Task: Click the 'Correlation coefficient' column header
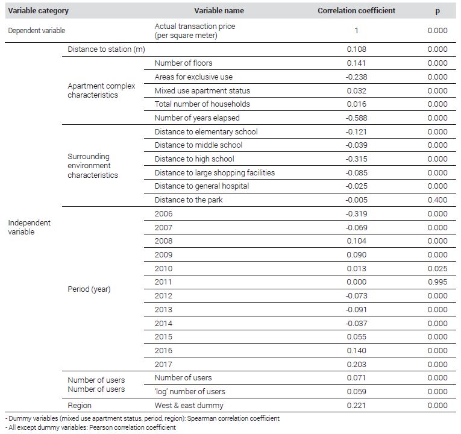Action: point(356,11)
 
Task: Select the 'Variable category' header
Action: point(38,11)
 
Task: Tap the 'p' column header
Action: point(437,11)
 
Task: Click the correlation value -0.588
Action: point(356,118)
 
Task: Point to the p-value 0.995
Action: point(437,282)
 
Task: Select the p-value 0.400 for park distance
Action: point(437,200)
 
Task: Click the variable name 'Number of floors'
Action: point(183,63)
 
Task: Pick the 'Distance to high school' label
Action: point(194,159)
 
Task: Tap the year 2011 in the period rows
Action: point(163,282)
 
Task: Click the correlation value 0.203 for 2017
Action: point(356,365)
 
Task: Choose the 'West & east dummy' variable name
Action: point(189,406)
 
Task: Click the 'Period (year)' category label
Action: point(89,289)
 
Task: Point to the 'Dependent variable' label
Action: point(37,31)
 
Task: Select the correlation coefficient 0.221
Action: point(356,406)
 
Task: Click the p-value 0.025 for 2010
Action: point(437,268)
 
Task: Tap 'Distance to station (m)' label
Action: point(107,49)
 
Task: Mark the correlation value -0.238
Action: point(356,77)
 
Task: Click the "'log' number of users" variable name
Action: point(190,392)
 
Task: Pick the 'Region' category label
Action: point(80,406)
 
